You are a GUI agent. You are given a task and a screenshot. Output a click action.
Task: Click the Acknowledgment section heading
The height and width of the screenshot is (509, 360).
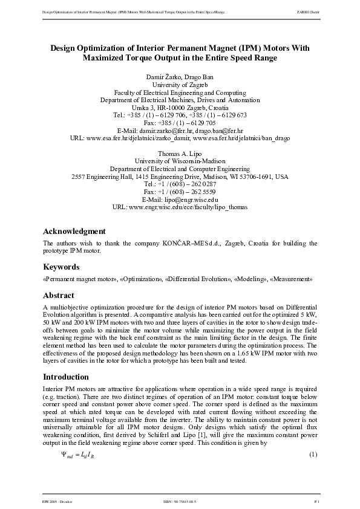pos(74,231)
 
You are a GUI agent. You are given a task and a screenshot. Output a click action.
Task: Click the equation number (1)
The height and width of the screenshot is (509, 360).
pos(313,454)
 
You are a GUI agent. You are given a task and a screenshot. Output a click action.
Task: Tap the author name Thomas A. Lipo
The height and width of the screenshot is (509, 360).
pos(180,154)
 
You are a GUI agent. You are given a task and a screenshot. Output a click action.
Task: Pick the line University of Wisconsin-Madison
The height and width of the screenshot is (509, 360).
pos(180,161)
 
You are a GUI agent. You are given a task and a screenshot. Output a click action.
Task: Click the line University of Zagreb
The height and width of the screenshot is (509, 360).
pos(180,85)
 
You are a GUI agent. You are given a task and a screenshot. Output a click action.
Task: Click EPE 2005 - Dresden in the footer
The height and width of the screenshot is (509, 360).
pos(55,501)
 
